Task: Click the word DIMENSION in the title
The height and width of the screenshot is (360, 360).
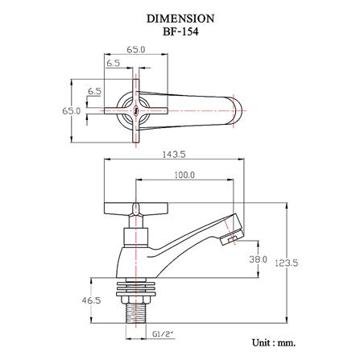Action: (x=180, y=19)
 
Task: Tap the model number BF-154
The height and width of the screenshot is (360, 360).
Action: (x=180, y=32)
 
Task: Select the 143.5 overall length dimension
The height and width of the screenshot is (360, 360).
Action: (x=174, y=155)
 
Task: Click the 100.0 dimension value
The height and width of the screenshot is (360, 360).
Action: (x=184, y=175)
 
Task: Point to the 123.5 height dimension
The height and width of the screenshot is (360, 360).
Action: (x=287, y=263)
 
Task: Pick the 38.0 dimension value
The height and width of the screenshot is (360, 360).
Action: (x=259, y=259)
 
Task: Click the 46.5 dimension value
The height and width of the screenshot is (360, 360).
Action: (x=91, y=300)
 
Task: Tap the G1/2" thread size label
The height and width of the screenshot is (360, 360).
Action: (x=162, y=334)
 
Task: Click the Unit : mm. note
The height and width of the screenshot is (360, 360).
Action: (x=274, y=343)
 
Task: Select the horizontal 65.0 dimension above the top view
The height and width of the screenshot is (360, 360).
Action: (x=136, y=50)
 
